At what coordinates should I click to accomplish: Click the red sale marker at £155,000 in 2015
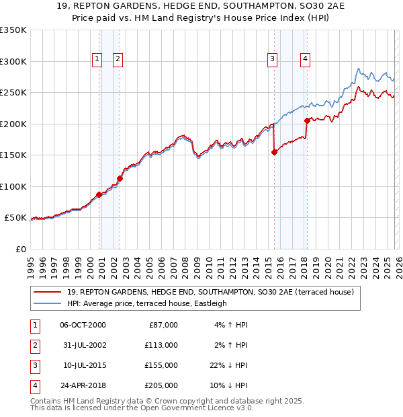(274, 152)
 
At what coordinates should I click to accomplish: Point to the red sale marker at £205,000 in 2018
(307, 121)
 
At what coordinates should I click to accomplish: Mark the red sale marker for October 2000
(99, 194)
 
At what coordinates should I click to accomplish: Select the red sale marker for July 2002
(120, 178)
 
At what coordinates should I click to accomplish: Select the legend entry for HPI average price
(148, 303)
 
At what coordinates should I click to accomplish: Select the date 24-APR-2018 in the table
(83, 385)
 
